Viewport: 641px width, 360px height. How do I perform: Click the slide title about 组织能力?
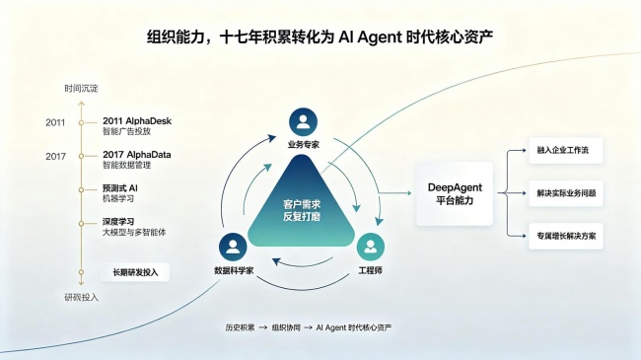[320, 36]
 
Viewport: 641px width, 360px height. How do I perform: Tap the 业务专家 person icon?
[303, 122]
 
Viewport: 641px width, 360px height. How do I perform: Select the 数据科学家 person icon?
[233, 247]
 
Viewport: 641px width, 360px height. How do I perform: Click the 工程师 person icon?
[371, 247]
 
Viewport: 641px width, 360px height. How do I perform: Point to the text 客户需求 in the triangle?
[302, 204]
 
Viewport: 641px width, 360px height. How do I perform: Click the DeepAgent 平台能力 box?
[455, 194]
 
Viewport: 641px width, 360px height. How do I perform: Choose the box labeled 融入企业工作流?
[566, 151]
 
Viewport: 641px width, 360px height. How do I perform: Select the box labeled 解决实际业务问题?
[566, 193]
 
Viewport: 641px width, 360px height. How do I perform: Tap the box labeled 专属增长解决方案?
[566, 236]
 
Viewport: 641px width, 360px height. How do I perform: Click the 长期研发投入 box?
[135, 272]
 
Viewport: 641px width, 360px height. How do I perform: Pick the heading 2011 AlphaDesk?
[137, 121]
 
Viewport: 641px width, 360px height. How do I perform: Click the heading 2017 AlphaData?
[136, 155]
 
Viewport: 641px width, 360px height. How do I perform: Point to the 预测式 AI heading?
[119, 188]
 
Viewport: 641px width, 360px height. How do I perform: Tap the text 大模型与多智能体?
[134, 233]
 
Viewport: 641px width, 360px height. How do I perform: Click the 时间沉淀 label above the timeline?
[81, 89]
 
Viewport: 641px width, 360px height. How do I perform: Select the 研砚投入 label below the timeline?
[81, 298]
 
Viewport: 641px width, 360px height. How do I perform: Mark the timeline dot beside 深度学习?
[81, 223]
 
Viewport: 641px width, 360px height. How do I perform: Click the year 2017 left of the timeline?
[55, 156]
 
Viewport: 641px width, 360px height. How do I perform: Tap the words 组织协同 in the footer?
[286, 327]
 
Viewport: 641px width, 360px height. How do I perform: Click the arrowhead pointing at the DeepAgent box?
[409, 193]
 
